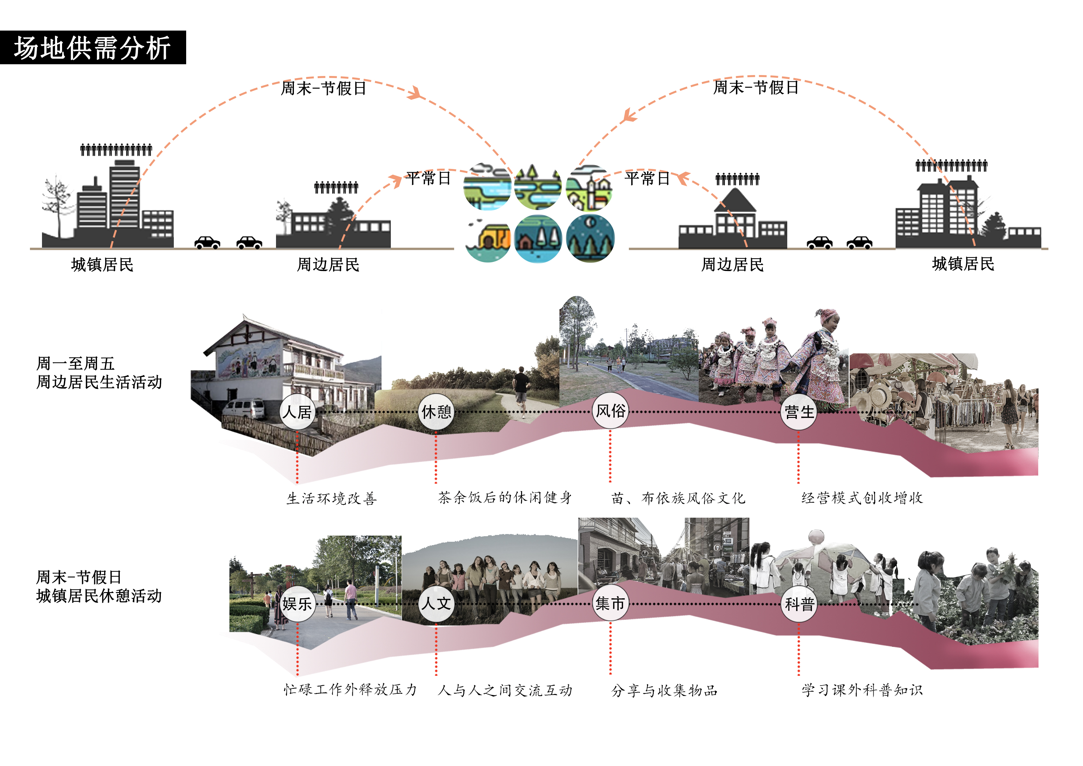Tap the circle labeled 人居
(x=298, y=412)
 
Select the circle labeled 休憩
(x=436, y=412)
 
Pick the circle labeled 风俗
(x=610, y=410)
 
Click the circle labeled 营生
(x=799, y=412)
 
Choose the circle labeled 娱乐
(x=297, y=604)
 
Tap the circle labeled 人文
(x=436, y=604)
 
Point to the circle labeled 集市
(x=610, y=604)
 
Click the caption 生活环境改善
(x=332, y=499)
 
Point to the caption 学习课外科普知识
(x=862, y=690)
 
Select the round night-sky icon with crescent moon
(x=590, y=238)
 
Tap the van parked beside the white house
(x=244, y=409)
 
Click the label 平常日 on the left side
(x=428, y=179)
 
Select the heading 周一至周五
(x=75, y=364)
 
